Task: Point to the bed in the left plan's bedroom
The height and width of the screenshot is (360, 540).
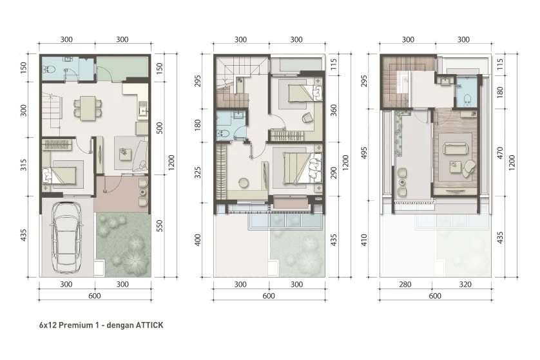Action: click(61, 173)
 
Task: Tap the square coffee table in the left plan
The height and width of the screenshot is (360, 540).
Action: click(125, 153)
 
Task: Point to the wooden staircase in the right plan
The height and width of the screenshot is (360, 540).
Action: click(394, 84)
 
